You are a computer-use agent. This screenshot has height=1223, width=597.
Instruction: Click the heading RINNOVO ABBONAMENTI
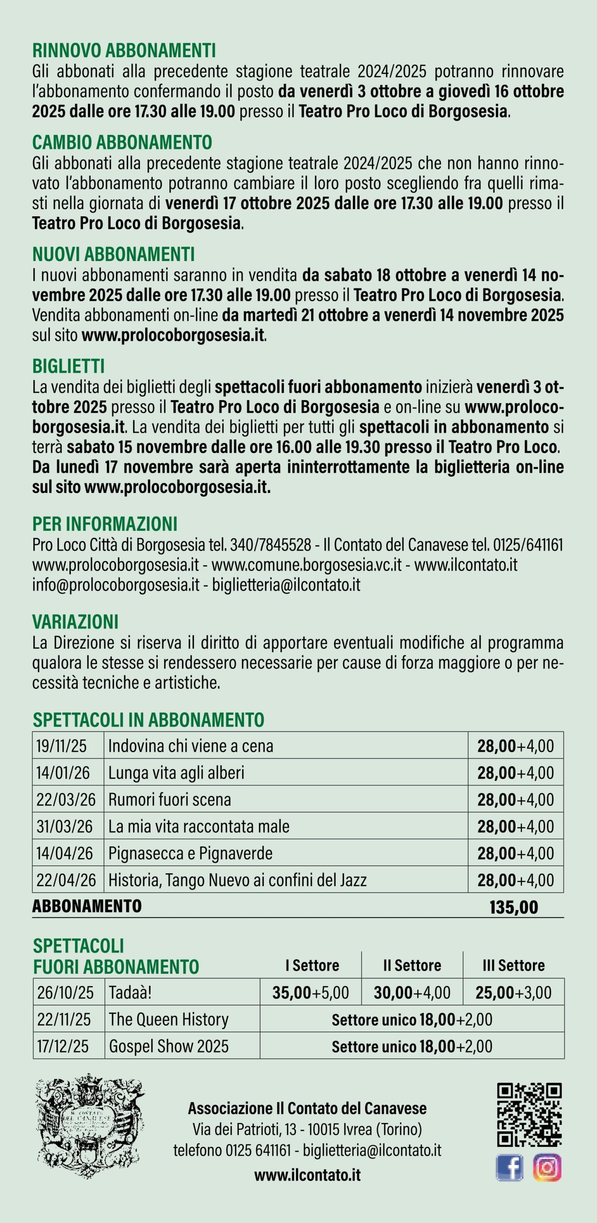(124, 50)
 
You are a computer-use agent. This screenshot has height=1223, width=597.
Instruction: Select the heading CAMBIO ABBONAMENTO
(122, 142)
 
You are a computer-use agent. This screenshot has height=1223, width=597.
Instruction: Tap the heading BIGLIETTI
(68, 366)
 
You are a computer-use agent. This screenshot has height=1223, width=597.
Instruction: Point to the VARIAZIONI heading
(75, 622)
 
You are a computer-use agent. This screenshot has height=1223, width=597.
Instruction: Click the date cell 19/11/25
(62, 746)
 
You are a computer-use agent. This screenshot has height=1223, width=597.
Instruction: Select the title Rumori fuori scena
(169, 799)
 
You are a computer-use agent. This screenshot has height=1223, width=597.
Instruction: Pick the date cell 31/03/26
(65, 826)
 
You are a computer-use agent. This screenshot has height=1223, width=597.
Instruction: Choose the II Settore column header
(412, 965)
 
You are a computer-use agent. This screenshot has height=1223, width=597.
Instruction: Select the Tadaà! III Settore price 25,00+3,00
(513, 992)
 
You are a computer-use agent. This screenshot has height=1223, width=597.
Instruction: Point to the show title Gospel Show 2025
(169, 1046)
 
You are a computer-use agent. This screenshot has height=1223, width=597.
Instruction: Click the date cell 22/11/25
(64, 1019)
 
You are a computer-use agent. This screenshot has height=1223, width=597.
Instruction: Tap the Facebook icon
(510, 1167)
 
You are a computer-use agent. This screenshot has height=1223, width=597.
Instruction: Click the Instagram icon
(547, 1167)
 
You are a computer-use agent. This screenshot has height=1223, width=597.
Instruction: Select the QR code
(529, 1115)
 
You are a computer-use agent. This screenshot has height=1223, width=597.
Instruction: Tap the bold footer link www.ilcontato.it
(307, 1175)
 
